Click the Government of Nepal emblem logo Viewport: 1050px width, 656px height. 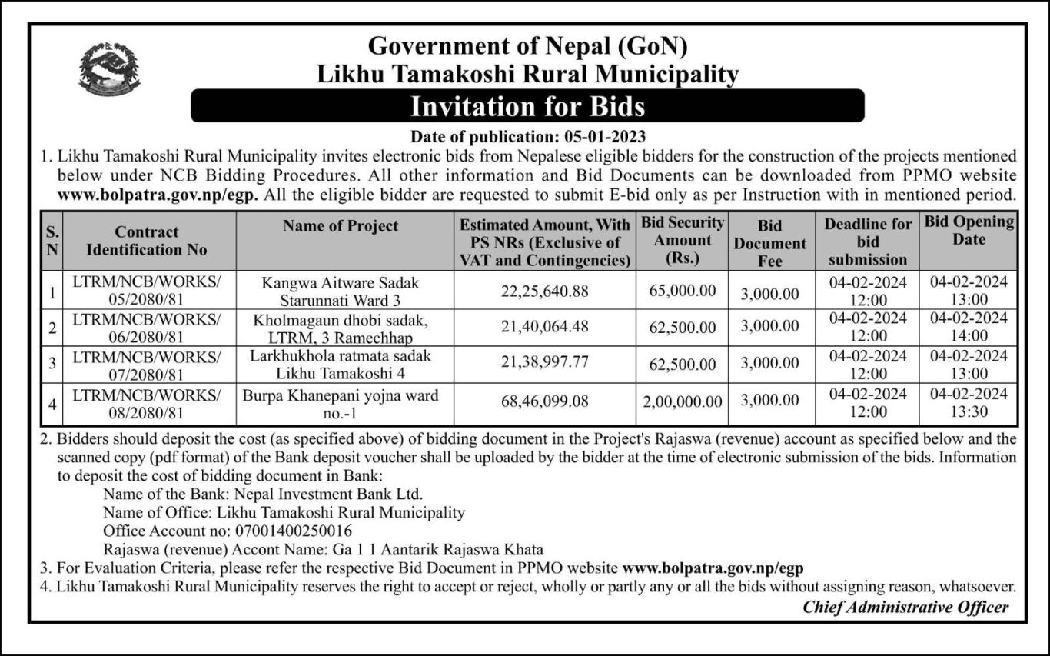coord(109,70)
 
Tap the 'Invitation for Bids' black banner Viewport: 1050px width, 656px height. coord(527,105)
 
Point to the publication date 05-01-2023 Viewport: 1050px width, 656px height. coord(593,138)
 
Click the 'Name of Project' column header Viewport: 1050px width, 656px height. coord(341,225)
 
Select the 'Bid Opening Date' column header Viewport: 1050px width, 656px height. coord(969,231)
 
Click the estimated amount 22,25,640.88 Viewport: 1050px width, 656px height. coord(545,291)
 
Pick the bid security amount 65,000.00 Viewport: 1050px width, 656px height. coord(682,291)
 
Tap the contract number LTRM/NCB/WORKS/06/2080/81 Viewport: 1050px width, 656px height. coord(146,327)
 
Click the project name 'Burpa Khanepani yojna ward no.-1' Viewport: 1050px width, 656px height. coord(341,404)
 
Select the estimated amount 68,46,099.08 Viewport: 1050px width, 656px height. coord(545,401)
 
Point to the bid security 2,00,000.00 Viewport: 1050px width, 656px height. coord(682,401)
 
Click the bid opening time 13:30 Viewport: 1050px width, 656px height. coord(969,411)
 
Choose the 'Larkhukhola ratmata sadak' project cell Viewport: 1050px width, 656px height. coord(341,365)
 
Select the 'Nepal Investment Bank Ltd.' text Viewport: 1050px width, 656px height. coord(320,494)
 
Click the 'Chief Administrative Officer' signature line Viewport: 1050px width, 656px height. coord(905,607)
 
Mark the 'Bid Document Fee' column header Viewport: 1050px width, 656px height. coord(769,243)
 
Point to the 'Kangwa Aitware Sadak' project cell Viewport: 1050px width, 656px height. coord(341,291)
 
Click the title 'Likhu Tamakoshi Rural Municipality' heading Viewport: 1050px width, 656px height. coord(527,75)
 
